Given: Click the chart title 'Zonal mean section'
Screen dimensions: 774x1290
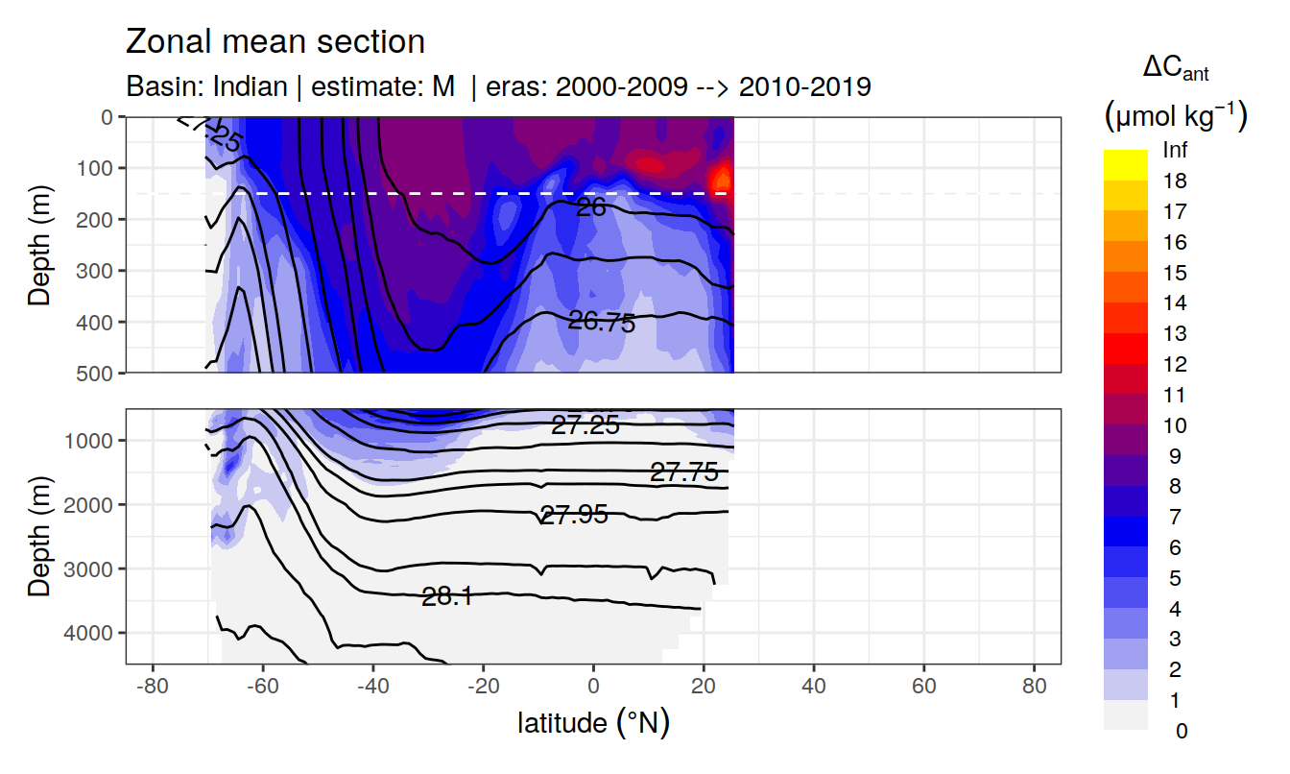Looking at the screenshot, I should [275, 42].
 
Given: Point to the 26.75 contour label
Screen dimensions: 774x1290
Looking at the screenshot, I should [602, 322].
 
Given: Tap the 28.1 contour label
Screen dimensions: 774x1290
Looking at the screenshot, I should [446, 596].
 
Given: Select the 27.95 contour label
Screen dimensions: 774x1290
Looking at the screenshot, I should [574, 515].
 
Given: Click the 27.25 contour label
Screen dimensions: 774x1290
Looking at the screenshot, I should [585, 425].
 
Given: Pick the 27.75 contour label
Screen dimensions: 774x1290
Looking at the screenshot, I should [684, 472].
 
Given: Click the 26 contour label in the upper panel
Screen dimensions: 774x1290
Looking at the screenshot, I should [590, 206].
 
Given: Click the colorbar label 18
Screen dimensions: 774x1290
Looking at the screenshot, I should [1174, 181].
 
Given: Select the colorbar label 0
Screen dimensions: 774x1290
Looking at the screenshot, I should [1180, 731].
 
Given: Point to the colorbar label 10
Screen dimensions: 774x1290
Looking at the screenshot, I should [1174, 425].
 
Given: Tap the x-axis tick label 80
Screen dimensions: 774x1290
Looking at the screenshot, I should [1034, 688].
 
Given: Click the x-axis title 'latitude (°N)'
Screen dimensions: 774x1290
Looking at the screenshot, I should [593, 722].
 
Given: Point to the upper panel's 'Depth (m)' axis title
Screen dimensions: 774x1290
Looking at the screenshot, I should [39, 244].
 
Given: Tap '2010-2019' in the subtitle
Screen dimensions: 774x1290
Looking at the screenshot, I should [806, 87].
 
